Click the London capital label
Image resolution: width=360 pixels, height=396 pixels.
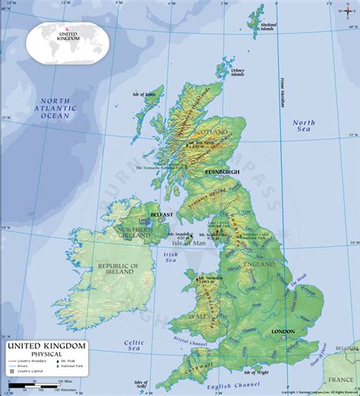coord(282,332)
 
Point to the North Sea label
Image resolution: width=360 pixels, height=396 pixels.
coord(304,127)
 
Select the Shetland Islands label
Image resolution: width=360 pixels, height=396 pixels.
coord(268,27)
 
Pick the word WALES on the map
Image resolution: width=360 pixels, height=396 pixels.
coord(197,315)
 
